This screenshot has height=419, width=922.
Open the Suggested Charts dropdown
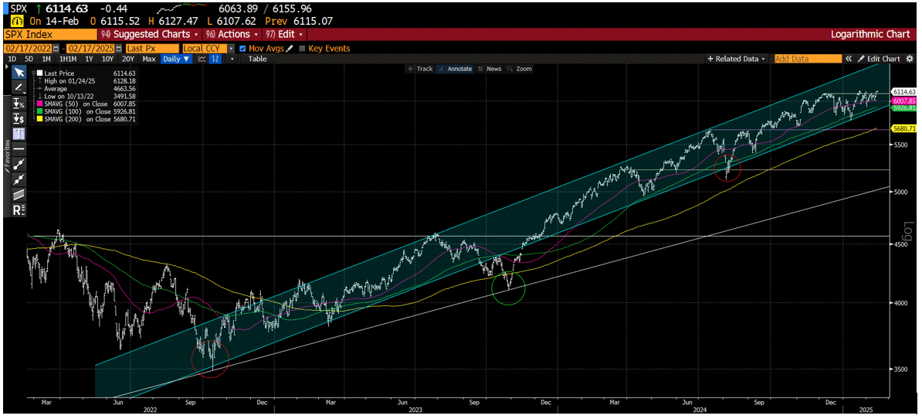tap(150, 35)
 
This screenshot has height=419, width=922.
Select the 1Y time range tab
tap(89, 59)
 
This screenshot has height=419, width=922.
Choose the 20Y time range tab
tap(128, 59)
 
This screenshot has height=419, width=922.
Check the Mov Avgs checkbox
tap(243, 48)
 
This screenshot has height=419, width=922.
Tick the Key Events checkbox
tap(303, 48)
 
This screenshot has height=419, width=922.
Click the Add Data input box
tap(807, 59)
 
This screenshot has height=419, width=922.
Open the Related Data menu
tap(737, 59)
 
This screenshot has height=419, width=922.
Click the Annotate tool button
tap(456, 69)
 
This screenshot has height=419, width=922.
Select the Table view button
tap(257, 59)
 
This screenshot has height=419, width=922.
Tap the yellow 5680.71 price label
tap(903, 128)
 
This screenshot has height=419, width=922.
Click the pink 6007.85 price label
tap(903, 101)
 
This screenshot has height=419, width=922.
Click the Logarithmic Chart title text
tap(870, 35)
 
